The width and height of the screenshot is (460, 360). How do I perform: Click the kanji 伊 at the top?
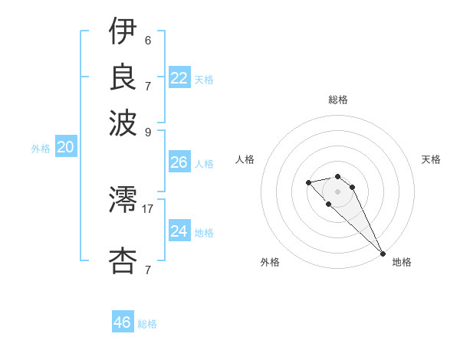[x=123, y=33]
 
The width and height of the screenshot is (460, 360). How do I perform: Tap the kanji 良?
[x=123, y=77]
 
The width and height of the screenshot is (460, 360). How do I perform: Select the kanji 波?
[x=123, y=122]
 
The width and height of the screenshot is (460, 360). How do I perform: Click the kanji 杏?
[x=123, y=260]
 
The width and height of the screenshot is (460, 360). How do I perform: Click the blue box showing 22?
[x=179, y=78]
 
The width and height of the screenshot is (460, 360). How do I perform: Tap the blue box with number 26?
[x=179, y=162]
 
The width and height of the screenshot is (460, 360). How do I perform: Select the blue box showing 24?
[x=179, y=231]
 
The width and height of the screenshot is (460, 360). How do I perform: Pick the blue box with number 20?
[x=65, y=148]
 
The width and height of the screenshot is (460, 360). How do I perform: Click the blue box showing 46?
[x=123, y=322]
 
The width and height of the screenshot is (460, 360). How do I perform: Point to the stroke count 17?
[x=148, y=208]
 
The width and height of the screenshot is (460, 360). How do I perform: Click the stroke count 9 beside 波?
[x=148, y=130]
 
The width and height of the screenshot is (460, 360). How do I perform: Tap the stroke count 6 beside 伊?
[x=148, y=41]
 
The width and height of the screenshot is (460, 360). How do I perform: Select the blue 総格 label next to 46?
[x=147, y=324]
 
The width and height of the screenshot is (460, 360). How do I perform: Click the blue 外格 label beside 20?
[x=41, y=149]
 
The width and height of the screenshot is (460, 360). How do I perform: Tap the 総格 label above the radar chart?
[x=338, y=100]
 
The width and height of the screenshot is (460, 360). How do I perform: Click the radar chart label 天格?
[x=431, y=159]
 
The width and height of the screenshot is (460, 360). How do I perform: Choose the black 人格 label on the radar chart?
[x=245, y=159]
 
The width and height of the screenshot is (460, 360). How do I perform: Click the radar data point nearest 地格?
[x=383, y=254]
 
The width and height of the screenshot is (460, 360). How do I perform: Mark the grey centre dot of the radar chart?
[x=338, y=191]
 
